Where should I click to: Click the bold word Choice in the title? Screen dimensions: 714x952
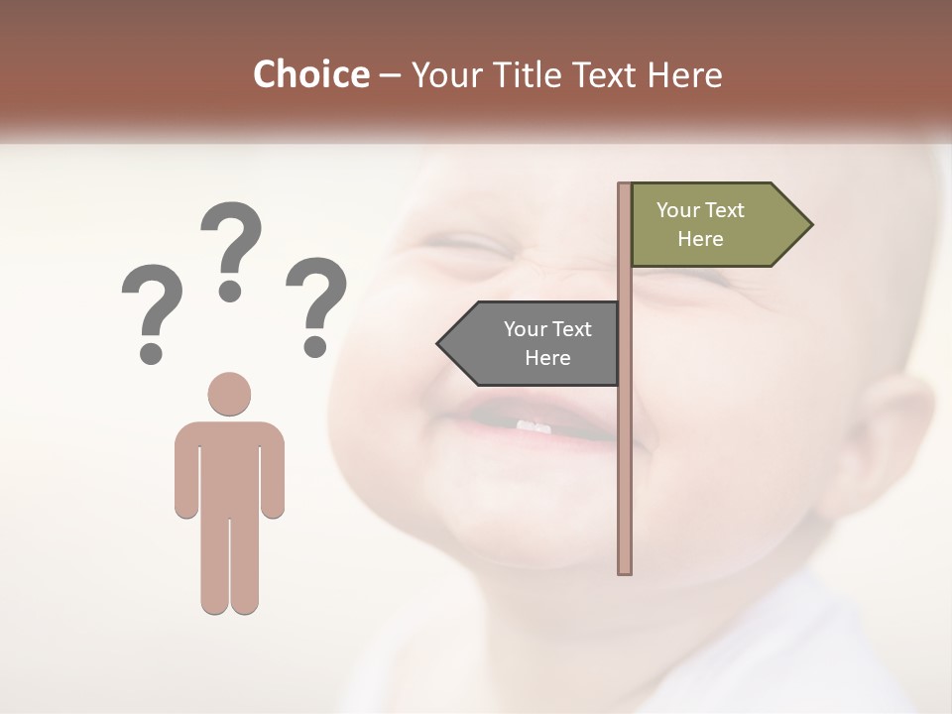310,75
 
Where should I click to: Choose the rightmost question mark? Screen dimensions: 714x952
316,302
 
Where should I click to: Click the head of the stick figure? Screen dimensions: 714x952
229,394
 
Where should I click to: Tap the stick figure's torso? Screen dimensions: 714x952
229,466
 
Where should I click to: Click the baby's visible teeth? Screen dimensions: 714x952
533,426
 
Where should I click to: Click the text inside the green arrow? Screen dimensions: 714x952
700,224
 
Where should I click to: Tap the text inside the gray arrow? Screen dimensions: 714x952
547,343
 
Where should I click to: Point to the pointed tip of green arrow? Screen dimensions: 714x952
810,225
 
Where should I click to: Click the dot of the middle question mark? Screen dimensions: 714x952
230,291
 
